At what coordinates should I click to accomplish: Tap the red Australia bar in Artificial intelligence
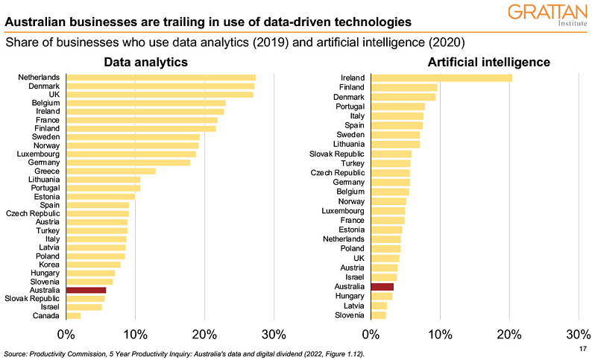click(382, 286)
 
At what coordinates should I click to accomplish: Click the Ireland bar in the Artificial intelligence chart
click(441, 78)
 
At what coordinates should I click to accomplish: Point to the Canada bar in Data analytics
click(73, 316)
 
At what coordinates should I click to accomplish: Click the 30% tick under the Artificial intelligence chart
click(579, 333)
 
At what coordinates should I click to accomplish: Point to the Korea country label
click(49, 265)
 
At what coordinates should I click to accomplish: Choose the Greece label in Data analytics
click(47, 171)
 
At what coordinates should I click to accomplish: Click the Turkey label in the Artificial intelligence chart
click(353, 163)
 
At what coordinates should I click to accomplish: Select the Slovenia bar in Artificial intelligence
click(378, 315)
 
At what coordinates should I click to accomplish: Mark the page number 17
click(582, 348)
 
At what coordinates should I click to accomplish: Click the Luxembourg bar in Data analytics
click(131, 154)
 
